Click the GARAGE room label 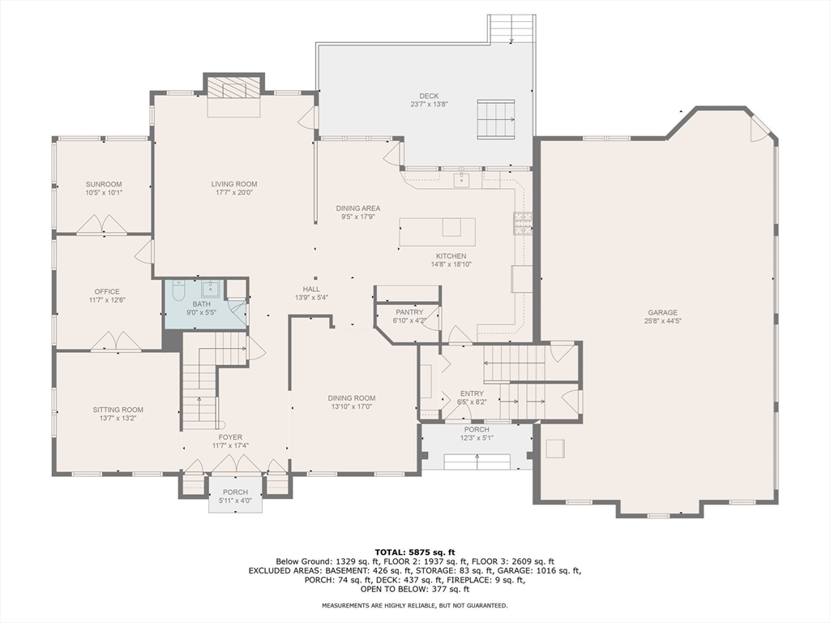point(662,312)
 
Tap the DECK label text point(428,96)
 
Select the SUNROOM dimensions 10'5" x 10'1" point(104,193)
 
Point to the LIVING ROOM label point(234,184)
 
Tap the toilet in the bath point(179,289)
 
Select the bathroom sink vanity point(212,289)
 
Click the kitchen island point(436,232)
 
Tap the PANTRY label point(409,312)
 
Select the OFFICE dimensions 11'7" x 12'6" point(106,301)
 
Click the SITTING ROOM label point(118,410)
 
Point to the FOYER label point(230,437)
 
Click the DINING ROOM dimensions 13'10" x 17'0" point(351,407)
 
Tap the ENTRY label point(471,393)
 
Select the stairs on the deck point(495,120)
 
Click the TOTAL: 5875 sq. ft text point(415,552)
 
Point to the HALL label point(311,289)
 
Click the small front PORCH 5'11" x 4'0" point(235,496)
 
